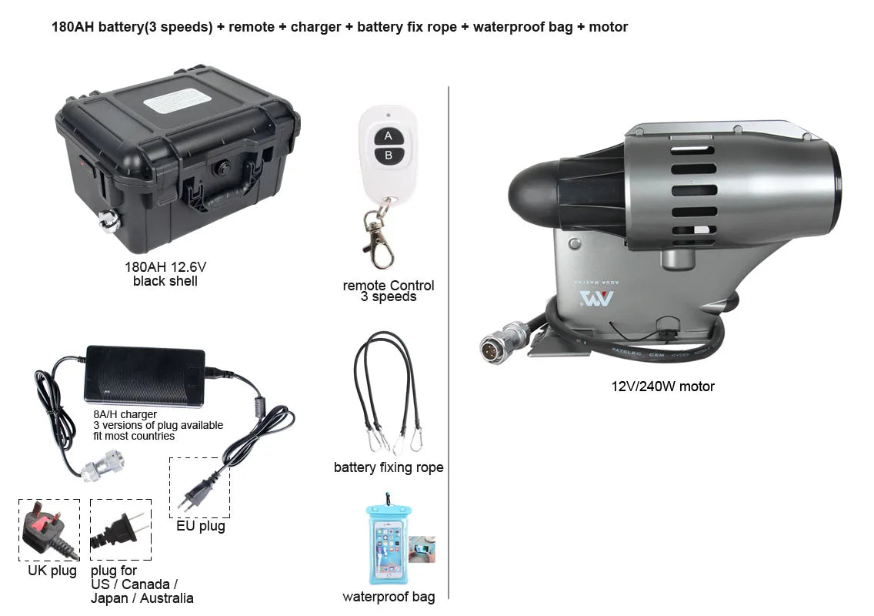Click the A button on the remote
tap(389, 136)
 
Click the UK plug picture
tap(48, 531)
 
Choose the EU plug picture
tap(198, 488)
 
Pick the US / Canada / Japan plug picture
tap(120, 530)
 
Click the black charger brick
tap(145, 374)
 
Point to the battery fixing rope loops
tap(387, 393)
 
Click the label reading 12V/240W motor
tap(662, 387)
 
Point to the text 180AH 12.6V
tap(165, 268)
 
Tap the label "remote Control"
tap(389, 286)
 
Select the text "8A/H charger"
tap(125, 414)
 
